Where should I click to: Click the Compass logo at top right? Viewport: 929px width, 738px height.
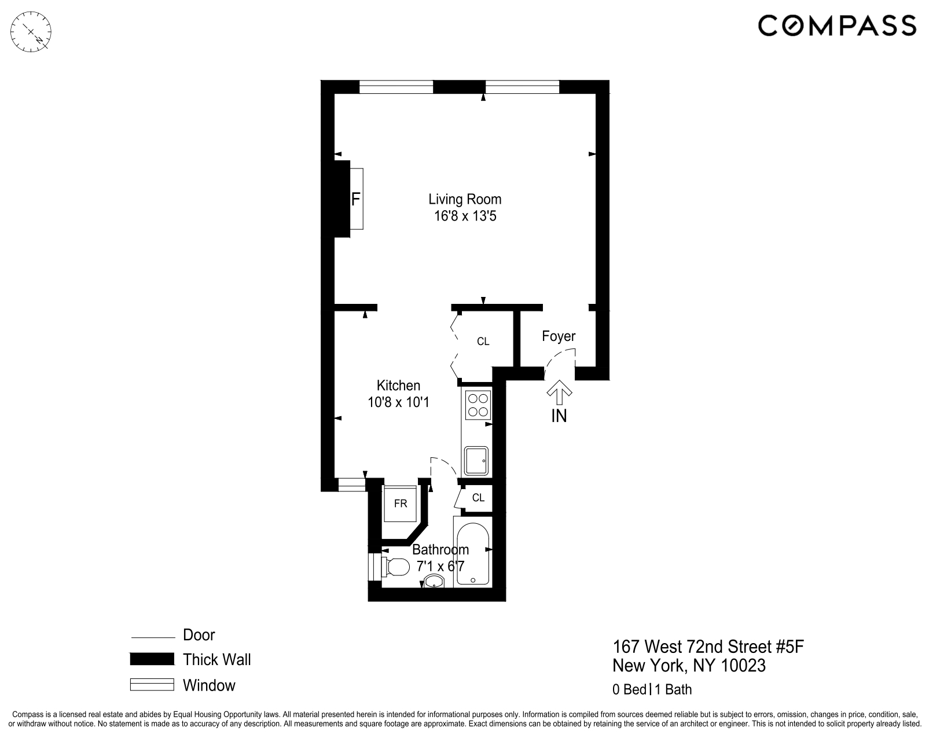click(836, 26)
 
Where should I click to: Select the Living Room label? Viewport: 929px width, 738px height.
click(465, 199)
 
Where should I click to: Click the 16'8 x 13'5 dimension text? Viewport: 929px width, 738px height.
click(465, 216)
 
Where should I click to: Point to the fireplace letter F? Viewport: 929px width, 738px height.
click(356, 200)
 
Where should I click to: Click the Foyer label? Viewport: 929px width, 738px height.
click(559, 336)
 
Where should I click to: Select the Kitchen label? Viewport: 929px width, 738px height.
click(398, 385)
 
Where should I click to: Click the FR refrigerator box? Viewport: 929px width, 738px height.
click(401, 504)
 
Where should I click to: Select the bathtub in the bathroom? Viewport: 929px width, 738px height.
click(473, 555)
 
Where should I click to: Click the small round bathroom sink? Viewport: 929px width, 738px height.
click(433, 582)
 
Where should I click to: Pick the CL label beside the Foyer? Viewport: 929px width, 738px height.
click(483, 342)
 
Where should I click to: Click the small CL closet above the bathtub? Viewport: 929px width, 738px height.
click(478, 498)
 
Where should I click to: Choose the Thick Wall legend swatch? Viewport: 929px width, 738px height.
click(152, 659)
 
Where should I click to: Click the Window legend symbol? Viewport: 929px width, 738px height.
click(152, 685)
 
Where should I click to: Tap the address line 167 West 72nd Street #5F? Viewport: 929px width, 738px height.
click(708, 647)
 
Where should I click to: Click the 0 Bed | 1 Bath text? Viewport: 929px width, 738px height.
click(652, 689)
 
